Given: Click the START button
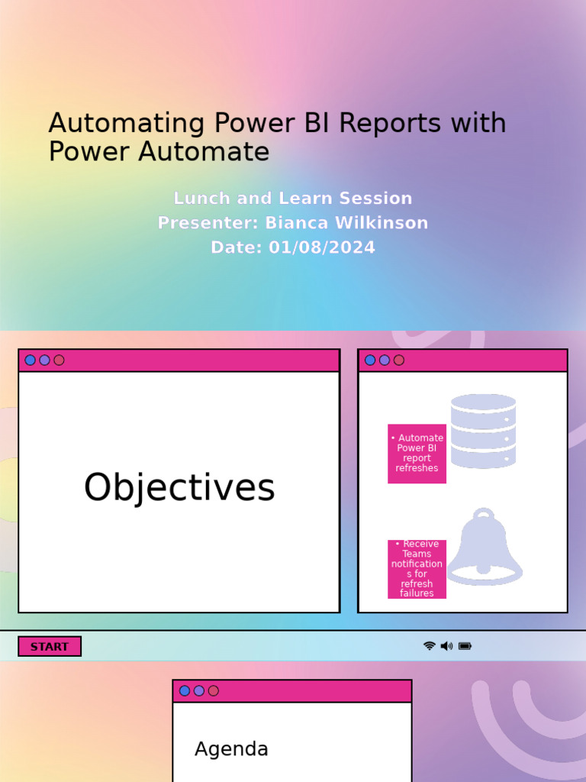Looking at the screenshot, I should coord(50,647).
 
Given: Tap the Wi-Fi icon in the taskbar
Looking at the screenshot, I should coord(430,646).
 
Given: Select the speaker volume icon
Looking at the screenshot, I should coord(446,646).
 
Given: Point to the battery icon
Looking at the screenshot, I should coord(465,646).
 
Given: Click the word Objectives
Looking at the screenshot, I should coord(179,488).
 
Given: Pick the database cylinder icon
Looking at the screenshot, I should coord(483,431).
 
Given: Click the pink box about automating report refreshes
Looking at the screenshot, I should coord(417,454).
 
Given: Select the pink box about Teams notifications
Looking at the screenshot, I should coord(417,569).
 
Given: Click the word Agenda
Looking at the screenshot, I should coord(231,749).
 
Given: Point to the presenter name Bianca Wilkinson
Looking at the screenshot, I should coord(346,223).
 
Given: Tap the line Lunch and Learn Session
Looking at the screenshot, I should coord(293,199).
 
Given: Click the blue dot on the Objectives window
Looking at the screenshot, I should coord(31,360).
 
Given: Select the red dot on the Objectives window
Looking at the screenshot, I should coord(59,360).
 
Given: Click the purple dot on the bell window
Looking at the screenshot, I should coord(385,360).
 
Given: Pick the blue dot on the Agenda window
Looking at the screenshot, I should coord(185,691).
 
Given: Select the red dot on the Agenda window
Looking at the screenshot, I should coord(214,691).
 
